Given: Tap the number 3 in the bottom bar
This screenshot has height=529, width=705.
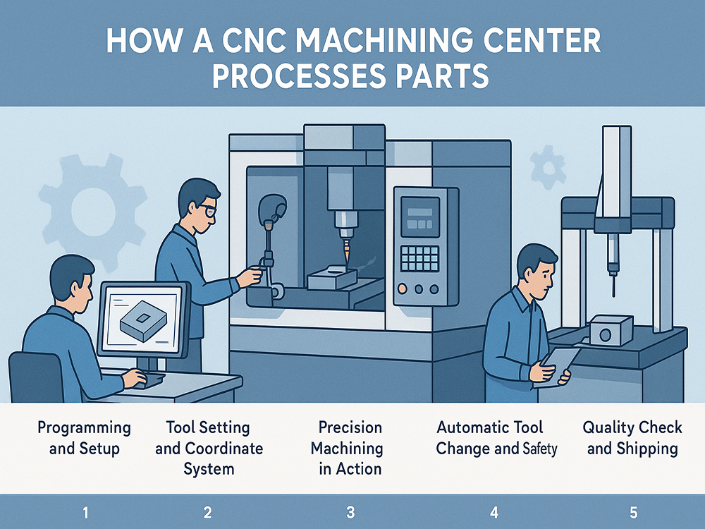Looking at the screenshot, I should (x=350, y=512).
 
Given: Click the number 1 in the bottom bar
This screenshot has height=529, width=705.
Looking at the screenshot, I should (x=85, y=512).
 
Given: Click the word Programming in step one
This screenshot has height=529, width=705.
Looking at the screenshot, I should (x=84, y=427).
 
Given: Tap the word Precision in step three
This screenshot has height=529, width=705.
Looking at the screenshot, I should (x=350, y=427).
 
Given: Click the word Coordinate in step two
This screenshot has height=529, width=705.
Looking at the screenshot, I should (x=223, y=449).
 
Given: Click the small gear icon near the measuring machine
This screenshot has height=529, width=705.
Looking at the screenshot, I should (x=548, y=166).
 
